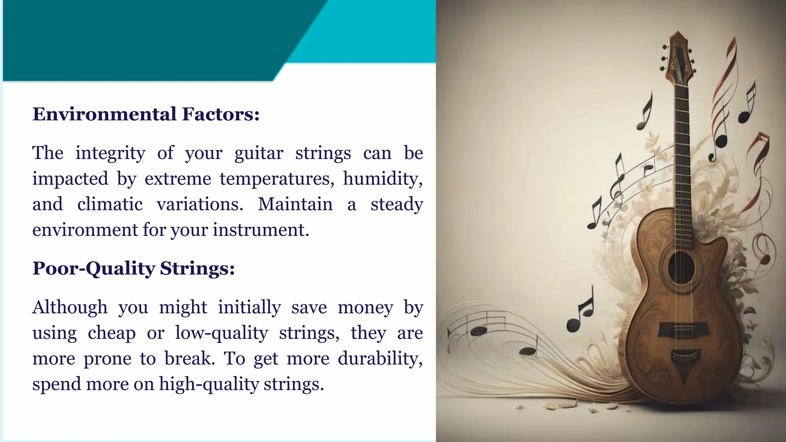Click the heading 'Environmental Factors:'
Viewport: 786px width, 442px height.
(146, 114)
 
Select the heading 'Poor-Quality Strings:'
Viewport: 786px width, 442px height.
(134, 268)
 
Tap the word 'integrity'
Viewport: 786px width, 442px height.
(111, 153)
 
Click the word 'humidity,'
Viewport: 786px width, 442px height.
(383, 179)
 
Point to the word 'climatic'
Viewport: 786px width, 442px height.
(110, 204)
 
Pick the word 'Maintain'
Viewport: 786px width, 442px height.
(295, 204)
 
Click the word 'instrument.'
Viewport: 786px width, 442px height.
(261, 230)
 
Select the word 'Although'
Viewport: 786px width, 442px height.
(70, 307)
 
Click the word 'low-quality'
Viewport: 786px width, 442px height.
(221, 333)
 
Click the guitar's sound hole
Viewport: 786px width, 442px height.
(681, 268)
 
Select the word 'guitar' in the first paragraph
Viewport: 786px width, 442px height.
(259, 153)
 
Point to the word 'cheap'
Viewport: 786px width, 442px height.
(112, 333)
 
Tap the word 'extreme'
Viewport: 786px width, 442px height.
(178, 179)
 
